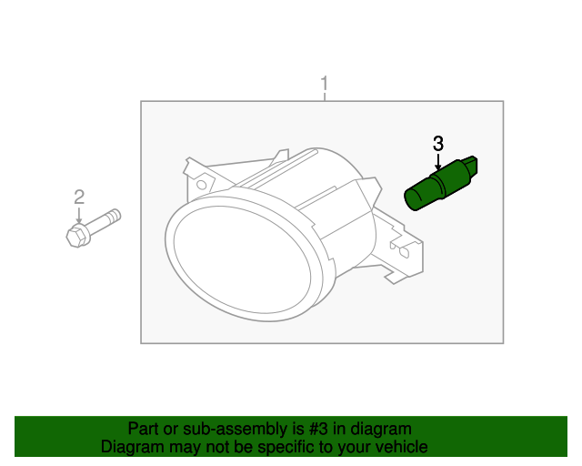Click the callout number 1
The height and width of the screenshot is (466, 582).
tap(324, 86)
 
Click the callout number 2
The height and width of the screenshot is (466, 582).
tap(79, 197)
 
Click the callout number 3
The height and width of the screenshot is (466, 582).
tap(438, 144)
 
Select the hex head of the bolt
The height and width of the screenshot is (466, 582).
tap(77, 236)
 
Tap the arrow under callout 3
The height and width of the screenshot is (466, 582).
tap(438, 163)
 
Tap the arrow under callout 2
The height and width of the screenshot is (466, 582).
tap(79, 217)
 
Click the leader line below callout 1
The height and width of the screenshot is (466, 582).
tap(324, 97)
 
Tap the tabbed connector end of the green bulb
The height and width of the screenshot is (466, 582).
tap(472, 168)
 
